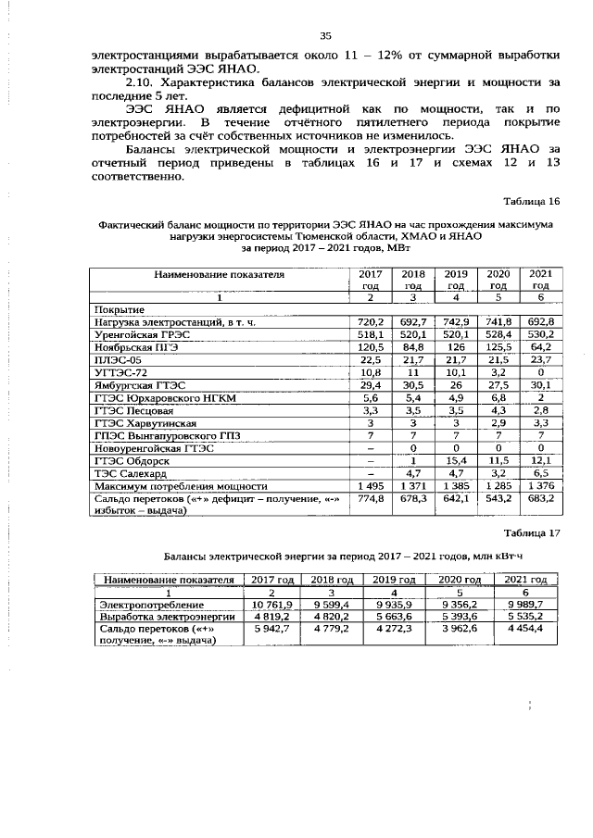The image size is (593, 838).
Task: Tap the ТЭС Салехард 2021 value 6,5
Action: (540, 472)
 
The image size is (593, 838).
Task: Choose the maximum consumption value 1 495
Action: (371, 485)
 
